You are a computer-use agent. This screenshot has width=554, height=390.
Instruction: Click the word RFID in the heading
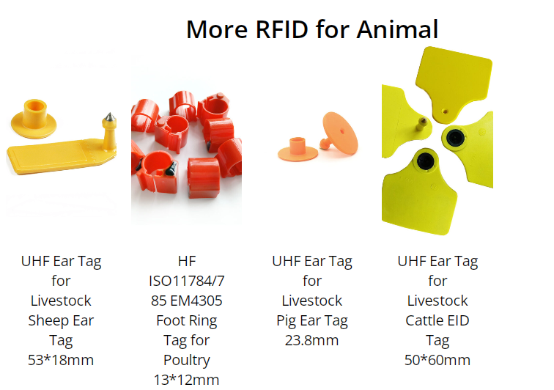[x=281, y=29]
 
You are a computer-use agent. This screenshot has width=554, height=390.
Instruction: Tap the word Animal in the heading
[x=397, y=29]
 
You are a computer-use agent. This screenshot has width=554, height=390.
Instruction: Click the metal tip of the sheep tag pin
[x=110, y=117]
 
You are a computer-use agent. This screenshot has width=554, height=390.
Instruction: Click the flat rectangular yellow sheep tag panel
[x=53, y=155]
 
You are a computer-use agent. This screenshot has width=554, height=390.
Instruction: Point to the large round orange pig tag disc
[x=340, y=133]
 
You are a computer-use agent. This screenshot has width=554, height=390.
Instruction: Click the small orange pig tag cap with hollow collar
[x=298, y=150]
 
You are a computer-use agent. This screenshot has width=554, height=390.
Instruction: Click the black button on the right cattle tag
[x=455, y=138]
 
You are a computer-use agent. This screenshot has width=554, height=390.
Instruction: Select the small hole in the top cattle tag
[x=446, y=111]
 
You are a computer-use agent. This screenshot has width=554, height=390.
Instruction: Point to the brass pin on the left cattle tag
[x=421, y=123]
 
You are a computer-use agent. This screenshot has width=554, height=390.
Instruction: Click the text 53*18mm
[x=61, y=360]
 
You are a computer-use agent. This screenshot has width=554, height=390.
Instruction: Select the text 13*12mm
[x=187, y=380]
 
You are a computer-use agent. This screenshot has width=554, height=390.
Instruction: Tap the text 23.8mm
[x=312, y=340]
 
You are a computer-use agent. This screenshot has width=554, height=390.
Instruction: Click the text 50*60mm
[x=437, y=360]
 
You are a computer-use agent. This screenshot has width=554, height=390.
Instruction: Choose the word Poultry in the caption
[x=187, y=361]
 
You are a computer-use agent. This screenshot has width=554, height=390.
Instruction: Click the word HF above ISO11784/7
[x=187, y=261]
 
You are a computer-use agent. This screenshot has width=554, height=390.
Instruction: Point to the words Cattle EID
[x=437, y=320]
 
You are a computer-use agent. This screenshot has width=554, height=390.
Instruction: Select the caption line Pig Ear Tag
[x=312, y=321]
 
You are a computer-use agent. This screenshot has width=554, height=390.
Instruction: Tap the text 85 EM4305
[x=187, y=301]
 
